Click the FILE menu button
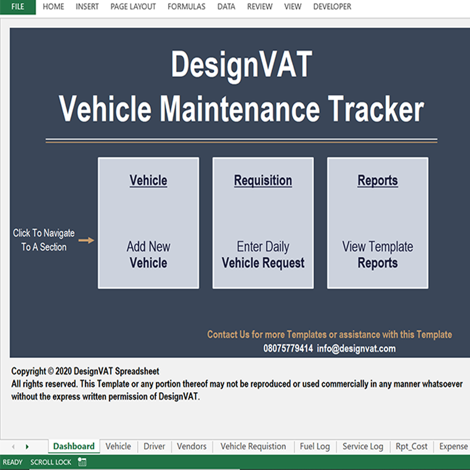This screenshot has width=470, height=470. pyautogui.click(x=18, y=7)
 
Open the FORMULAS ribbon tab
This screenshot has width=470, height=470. pyautogui.click(x=186, y=7)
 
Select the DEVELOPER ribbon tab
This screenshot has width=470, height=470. pyautogui.click(x=332, y=7)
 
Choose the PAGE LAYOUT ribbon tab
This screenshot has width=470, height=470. pyautogui.click(x=133, y=7)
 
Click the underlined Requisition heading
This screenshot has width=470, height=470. pyautogui.click(x=263, y=181)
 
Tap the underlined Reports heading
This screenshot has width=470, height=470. pyautogui.click(x=378, y=181)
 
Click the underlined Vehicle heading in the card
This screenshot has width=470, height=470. pyautogui.click(x=148, y=181)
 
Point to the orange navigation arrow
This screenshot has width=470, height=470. pyautogui.click(x=86, y=240)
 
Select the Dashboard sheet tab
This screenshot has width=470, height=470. pyautogui.click(x=74, y=446)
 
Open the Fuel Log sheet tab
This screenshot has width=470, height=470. pyautogui.click(x=315, y=446)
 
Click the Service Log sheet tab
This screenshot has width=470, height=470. pyautogui.click(x=363, y=446)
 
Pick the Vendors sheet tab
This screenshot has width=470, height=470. pyautogui.click(x=191, y=446)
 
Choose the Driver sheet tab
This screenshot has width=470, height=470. pyautogui.click(x=154, y=446)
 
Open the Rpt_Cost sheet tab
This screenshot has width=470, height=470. pyautogui.click(x=412, y=446)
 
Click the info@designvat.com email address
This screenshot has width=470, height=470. pyautogui.click(x=356, y=349)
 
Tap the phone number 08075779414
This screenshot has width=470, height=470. pyautogui.click(x=288, y=349)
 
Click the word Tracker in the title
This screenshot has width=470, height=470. pyautogui.click(x=376, y=108)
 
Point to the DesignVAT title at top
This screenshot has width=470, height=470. pyautogui.click(x=242, y=65)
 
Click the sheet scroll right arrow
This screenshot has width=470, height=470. pyautogui.click(x=27, y=446)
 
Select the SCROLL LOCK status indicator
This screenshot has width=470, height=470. pyautogui.click(x=50, y=462)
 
